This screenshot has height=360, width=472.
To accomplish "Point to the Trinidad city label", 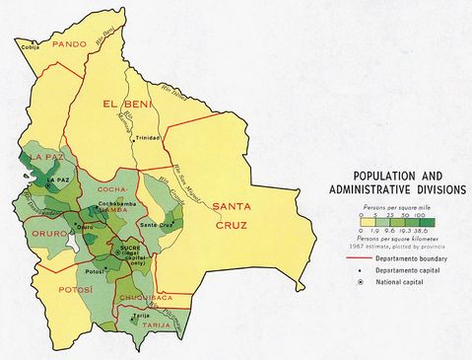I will pos(149,137).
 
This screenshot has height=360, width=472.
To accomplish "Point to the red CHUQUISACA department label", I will pos(146,295).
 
